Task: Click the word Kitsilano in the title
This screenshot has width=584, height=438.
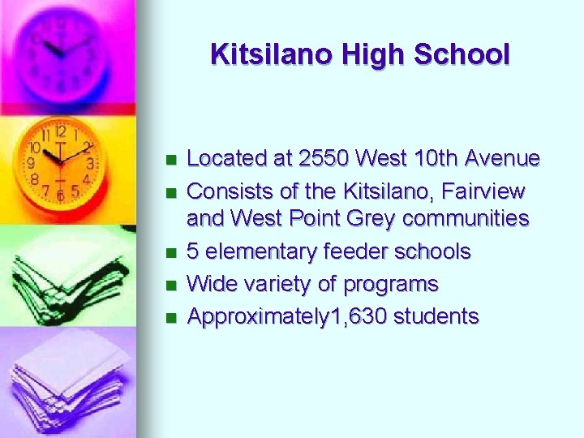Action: [x=260, y=54]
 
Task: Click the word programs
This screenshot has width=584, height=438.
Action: [x=391, y=285]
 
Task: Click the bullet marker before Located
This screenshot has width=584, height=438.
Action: [x=169, y=159]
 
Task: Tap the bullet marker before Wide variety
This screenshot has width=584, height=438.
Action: [x=169, y=285]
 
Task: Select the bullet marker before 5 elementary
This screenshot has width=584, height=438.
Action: [x=169, y=252]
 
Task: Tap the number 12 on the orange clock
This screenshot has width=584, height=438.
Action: [x=61, y=130]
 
